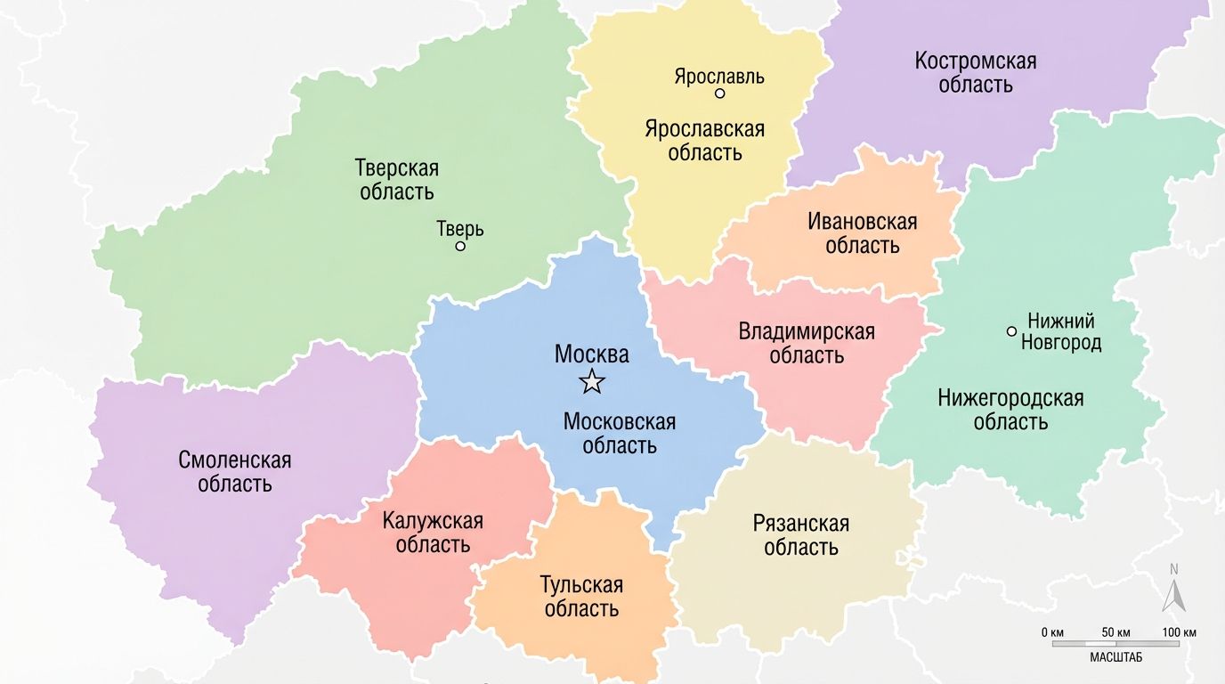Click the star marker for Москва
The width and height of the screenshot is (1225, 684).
592,382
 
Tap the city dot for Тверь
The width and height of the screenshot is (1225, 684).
460,246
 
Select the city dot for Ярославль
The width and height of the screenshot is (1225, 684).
719,94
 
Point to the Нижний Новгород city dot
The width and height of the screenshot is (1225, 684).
1011,331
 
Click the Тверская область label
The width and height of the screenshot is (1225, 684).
397,179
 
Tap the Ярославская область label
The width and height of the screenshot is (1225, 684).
704,141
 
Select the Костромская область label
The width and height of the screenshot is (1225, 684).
976,73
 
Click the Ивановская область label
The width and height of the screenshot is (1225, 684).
862,233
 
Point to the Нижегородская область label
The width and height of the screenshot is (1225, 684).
1010,410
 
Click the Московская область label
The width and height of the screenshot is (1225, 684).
620,433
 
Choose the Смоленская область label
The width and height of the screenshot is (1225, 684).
235,472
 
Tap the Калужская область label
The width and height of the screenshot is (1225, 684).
433,533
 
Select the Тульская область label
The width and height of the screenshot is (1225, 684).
581,597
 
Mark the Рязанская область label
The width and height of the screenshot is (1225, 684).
801,534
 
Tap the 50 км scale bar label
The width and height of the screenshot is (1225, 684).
1115,632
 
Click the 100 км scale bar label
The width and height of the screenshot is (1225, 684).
1178,632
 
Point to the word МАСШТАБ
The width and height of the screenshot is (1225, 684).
1115,657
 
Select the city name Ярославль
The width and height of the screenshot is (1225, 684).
718,76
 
